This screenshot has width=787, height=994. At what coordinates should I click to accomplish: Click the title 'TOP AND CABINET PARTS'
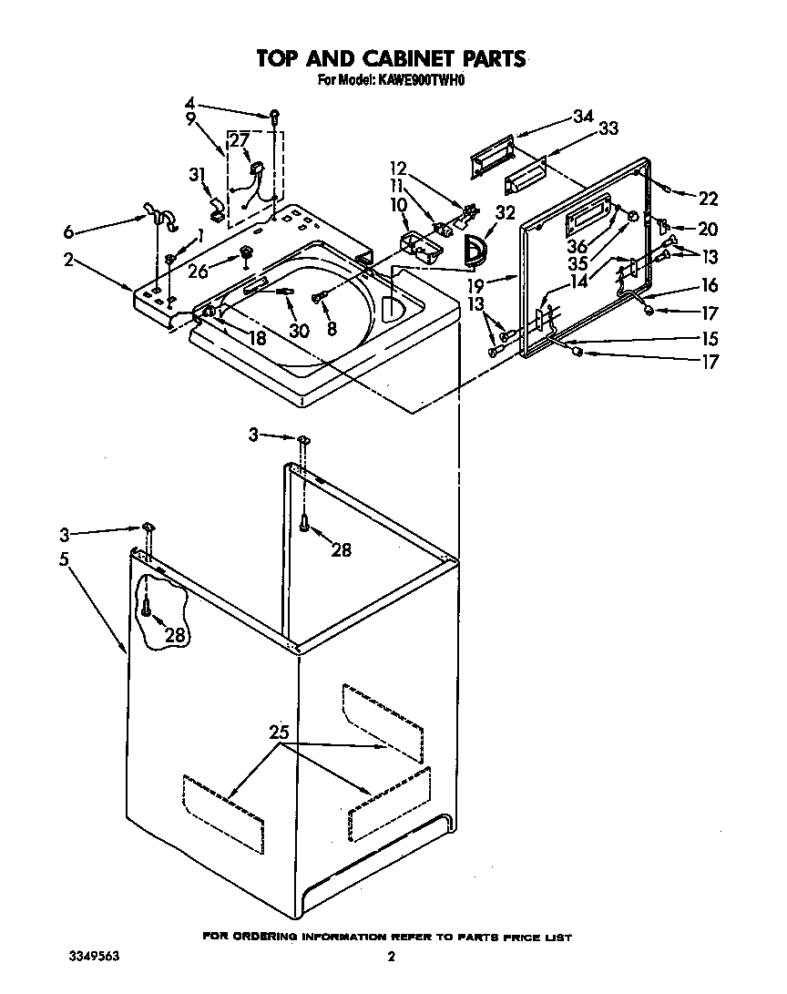(391, 59)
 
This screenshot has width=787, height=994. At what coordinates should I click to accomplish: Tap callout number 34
(583, 116)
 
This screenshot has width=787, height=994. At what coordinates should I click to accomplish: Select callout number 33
(608, 129)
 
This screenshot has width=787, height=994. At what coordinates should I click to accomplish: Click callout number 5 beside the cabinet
(65, 559)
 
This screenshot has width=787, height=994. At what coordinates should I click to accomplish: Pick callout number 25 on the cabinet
(281, 733)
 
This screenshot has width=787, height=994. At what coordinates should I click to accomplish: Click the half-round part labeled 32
(475, 250)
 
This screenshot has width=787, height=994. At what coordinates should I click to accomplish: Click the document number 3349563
(95, 957)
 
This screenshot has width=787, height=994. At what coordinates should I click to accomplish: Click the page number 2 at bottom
(391, 957)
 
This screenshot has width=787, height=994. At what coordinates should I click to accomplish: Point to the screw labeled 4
(272, 116)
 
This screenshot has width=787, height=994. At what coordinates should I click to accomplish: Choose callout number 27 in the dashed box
(239, 140)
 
